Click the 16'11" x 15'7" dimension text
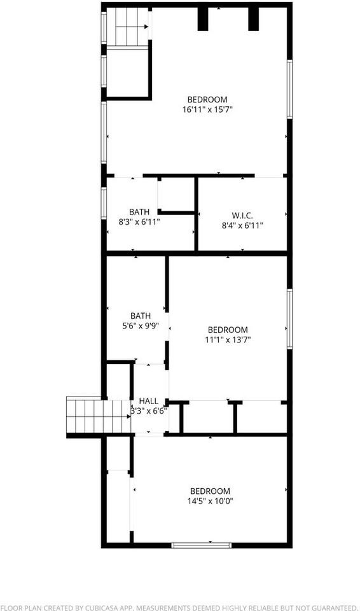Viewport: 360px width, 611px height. pyautogui.click(x=207, y=109)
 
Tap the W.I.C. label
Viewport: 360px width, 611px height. pyautogui.click(x=242, y=215)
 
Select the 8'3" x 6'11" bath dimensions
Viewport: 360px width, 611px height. pyautogui.click(x=139, y=221)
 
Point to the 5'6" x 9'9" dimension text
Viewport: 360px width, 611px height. pyautogui.click(x=141, y=325)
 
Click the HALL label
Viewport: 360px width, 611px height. pyautogui.click(x=149, y=401)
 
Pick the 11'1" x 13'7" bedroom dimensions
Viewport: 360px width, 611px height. pyautogui.click(x=228, y=339)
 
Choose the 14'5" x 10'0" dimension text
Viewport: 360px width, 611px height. pyautogui.click(x=210, y=500)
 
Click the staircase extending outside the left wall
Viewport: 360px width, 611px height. pyautogui.click(x=95, y=415)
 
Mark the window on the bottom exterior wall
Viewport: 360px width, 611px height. pyautogui.click(x=201, y=545)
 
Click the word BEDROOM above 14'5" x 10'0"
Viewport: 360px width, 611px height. pyautogui.click(x=210, y=491)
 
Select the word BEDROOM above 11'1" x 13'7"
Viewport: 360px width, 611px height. pyautogui.click(x=228, y=330)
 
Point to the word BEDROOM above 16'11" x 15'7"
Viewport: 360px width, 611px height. pyautogui.click(x=207, y=99)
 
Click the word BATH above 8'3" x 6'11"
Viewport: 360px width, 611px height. pyautogui.click(x=139, y=212)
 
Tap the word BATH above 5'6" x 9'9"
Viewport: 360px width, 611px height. pyautogui.click(x=141, y=316)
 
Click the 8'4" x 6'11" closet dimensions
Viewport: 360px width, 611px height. pyautogui.click(x=242, y=225)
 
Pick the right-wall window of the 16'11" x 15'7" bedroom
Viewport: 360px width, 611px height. pyautogui.click(x=289, y=89)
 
